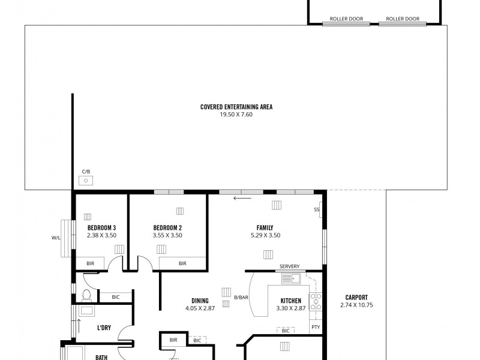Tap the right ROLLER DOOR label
[403, 19]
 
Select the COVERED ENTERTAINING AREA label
[236, 107]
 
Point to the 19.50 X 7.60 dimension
[236, 114]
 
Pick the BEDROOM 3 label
[101, 228]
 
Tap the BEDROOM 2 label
[167, 228]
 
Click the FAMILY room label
[265, 228]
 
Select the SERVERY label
[289, 266]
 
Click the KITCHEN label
[290, 301]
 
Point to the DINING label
[200, 301]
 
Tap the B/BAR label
[241, 298]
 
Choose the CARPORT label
[356, 298]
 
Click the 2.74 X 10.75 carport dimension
[356, 305]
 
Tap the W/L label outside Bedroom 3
[56, 238]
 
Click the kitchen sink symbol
[295, 279]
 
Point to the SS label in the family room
[316, 210]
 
